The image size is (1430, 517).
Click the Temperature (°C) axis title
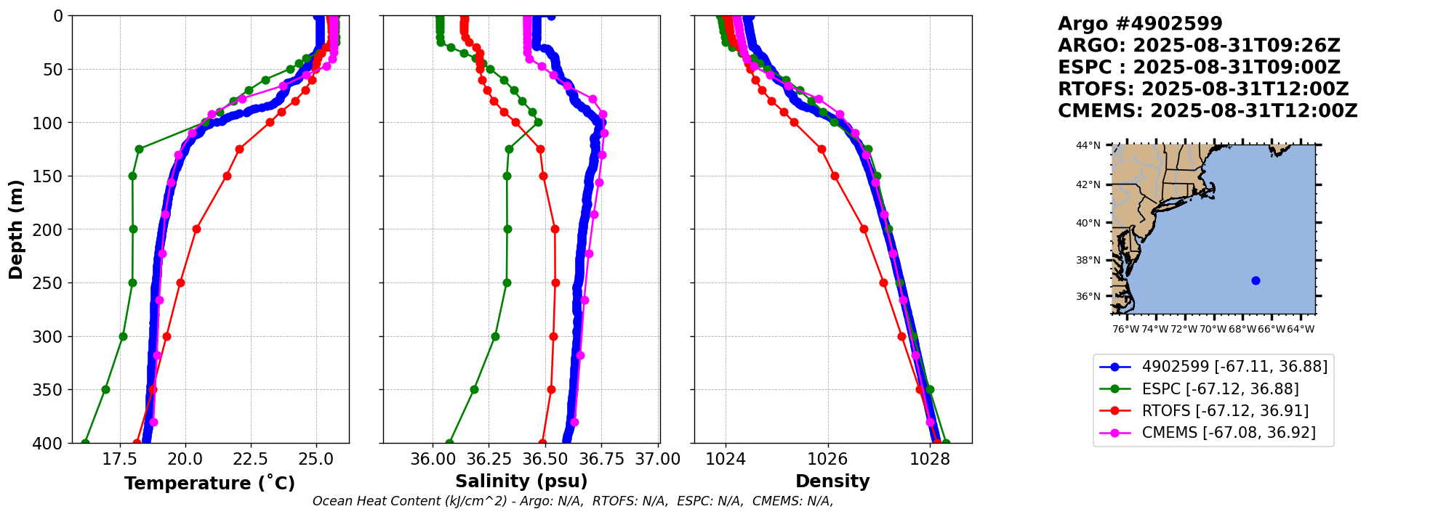pyautogui.click(x=209, y=483)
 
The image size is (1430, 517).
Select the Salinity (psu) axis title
pyautogui.click(x=521, y=481)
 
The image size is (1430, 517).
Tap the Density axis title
pyautogui.click(x=832, y=481)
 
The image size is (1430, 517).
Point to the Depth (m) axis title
pyautogui.click(x=16, y=229)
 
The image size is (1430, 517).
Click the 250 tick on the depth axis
pyautogui.click(x=53, y=283)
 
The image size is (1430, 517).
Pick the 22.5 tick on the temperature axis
pyautogui.click(x=251, y=459)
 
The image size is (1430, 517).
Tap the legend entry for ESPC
pyautogui.click(x=1220, y=389)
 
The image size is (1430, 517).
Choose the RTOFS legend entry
pyautogui.click(x=1225, y=411)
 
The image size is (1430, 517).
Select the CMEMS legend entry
pyautogui.click(x=1229, y=433)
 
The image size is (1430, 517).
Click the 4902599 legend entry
pyautogui.click(x=1234, y=367)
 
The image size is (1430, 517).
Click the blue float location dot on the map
pyautogui.click(x=1256, y=280)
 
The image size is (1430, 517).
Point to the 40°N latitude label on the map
pyautogui.click(x=1088, y=223)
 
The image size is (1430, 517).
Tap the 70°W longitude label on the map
pyautogui.click(x=1213, y=329)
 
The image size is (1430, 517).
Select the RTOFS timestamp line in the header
pyautogui.click(x=1203, y=89)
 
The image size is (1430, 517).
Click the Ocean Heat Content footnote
pyautogui.click(x=572, y=501)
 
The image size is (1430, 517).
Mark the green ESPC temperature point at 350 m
pyautogui.click(x=105, y=389)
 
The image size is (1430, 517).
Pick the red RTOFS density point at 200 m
pyautogui.click(x=864, y=229)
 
